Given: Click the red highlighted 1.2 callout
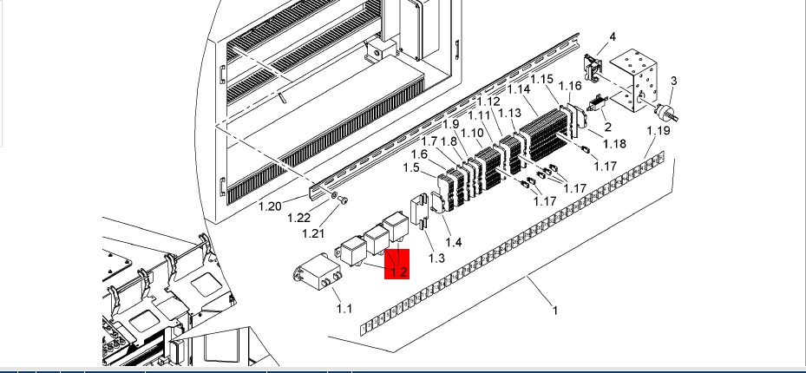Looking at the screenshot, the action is [396, 264].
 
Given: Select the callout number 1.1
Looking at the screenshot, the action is [344, 308].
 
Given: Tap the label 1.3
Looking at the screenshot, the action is [436, 258].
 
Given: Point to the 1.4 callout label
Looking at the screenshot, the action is [454, 241].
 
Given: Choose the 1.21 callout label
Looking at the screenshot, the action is [313, 233].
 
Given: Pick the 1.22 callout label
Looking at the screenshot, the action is [298, 218].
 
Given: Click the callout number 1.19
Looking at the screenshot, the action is [659, 130].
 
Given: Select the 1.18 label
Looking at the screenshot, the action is [615, 143].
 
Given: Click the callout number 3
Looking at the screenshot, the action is [673, 81].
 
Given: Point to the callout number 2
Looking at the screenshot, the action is [607, 127].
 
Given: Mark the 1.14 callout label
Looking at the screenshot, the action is [519, 89].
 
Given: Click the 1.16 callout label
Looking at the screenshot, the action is [570, 85].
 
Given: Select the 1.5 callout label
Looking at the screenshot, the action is [411, 167].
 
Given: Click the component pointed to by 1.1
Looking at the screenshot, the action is [318, 272].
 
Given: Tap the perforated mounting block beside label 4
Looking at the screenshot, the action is [633, 80].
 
